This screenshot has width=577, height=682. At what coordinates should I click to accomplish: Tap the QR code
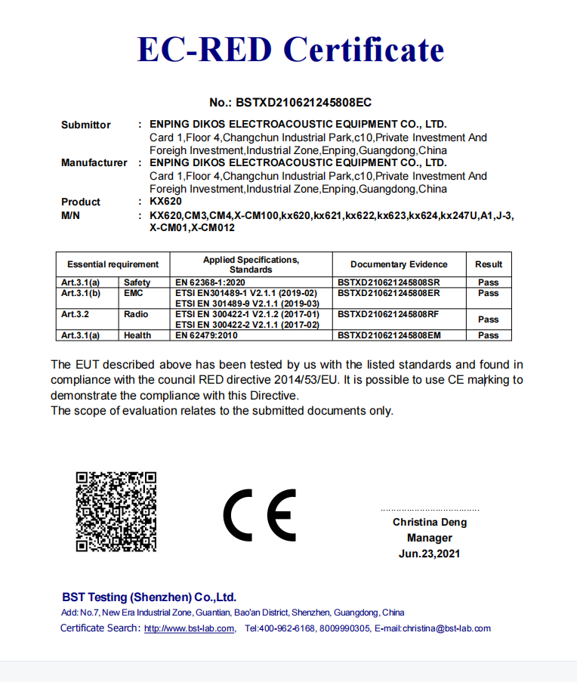click(116, 511)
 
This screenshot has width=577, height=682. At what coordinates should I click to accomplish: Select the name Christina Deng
click(430, 522)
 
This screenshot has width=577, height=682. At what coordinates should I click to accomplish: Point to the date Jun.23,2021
click(430, 554)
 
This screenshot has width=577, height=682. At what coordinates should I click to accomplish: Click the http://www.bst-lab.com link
click(189, 628)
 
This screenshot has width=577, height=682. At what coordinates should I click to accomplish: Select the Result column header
click(489, 264)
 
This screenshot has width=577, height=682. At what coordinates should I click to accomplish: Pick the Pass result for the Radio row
click(489, 319)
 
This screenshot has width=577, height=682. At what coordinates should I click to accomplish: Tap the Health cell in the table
click(137, 335)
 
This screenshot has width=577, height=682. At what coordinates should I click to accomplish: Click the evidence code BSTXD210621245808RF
click(389, 314)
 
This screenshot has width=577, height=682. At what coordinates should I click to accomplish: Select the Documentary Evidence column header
click(399, 264)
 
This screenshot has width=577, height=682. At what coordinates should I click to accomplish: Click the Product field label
click(81, 202)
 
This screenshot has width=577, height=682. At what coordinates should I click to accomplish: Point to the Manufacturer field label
click(94, 162)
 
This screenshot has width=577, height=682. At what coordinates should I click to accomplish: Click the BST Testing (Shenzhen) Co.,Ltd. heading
click(150, 597)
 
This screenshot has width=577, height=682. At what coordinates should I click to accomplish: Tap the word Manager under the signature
click(430, 538)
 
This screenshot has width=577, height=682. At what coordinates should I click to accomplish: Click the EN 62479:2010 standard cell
click(206, 335)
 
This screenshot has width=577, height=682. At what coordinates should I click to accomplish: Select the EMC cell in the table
click(134, 293)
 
